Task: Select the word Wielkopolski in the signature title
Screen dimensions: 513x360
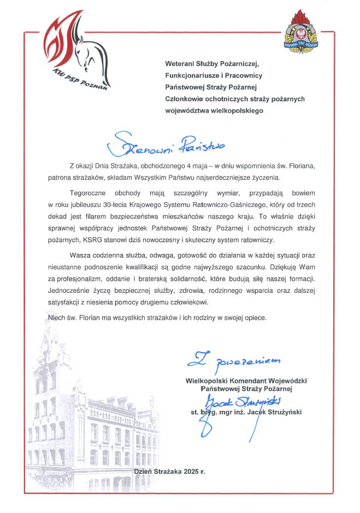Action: [208, 380]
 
